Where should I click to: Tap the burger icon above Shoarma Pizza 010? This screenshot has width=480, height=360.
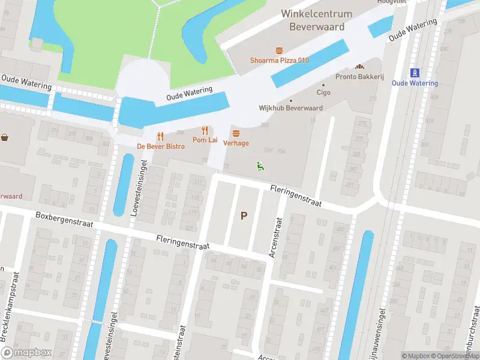(279, 50)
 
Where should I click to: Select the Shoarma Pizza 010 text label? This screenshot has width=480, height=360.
(279, 61)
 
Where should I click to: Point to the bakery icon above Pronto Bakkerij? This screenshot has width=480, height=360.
(359, 67)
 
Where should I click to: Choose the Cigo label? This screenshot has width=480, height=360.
(323, 92)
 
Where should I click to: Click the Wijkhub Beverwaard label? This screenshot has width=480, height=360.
(290, 108)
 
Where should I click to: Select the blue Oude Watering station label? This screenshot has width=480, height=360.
(415, 83)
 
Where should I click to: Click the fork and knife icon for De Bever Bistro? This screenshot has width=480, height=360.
(160, 136)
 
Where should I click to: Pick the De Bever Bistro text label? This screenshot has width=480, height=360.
(160, 146)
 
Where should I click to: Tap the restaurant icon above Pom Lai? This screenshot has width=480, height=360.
(205, 130)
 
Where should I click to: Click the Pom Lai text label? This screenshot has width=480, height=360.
(205, 140)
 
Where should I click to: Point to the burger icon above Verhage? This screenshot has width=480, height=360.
(236, 133)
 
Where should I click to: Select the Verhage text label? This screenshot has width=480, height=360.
(236, 143)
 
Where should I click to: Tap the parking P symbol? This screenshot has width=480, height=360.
(244, 216)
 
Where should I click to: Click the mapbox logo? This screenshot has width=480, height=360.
(26, 353)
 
